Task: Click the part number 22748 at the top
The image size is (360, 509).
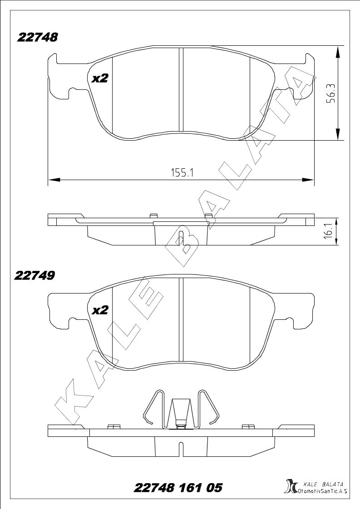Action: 38,38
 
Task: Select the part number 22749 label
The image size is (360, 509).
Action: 35,275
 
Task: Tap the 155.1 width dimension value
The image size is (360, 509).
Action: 182,172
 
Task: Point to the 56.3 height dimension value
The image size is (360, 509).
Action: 331,93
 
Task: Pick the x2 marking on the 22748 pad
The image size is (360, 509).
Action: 99,78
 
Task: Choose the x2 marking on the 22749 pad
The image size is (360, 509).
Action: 99,310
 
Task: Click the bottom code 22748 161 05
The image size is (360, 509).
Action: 178,488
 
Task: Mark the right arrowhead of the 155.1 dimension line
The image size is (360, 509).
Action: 309,180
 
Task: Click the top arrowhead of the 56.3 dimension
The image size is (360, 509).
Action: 338,51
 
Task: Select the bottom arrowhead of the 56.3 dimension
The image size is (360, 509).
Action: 338,135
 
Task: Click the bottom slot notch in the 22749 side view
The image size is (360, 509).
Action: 181,449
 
